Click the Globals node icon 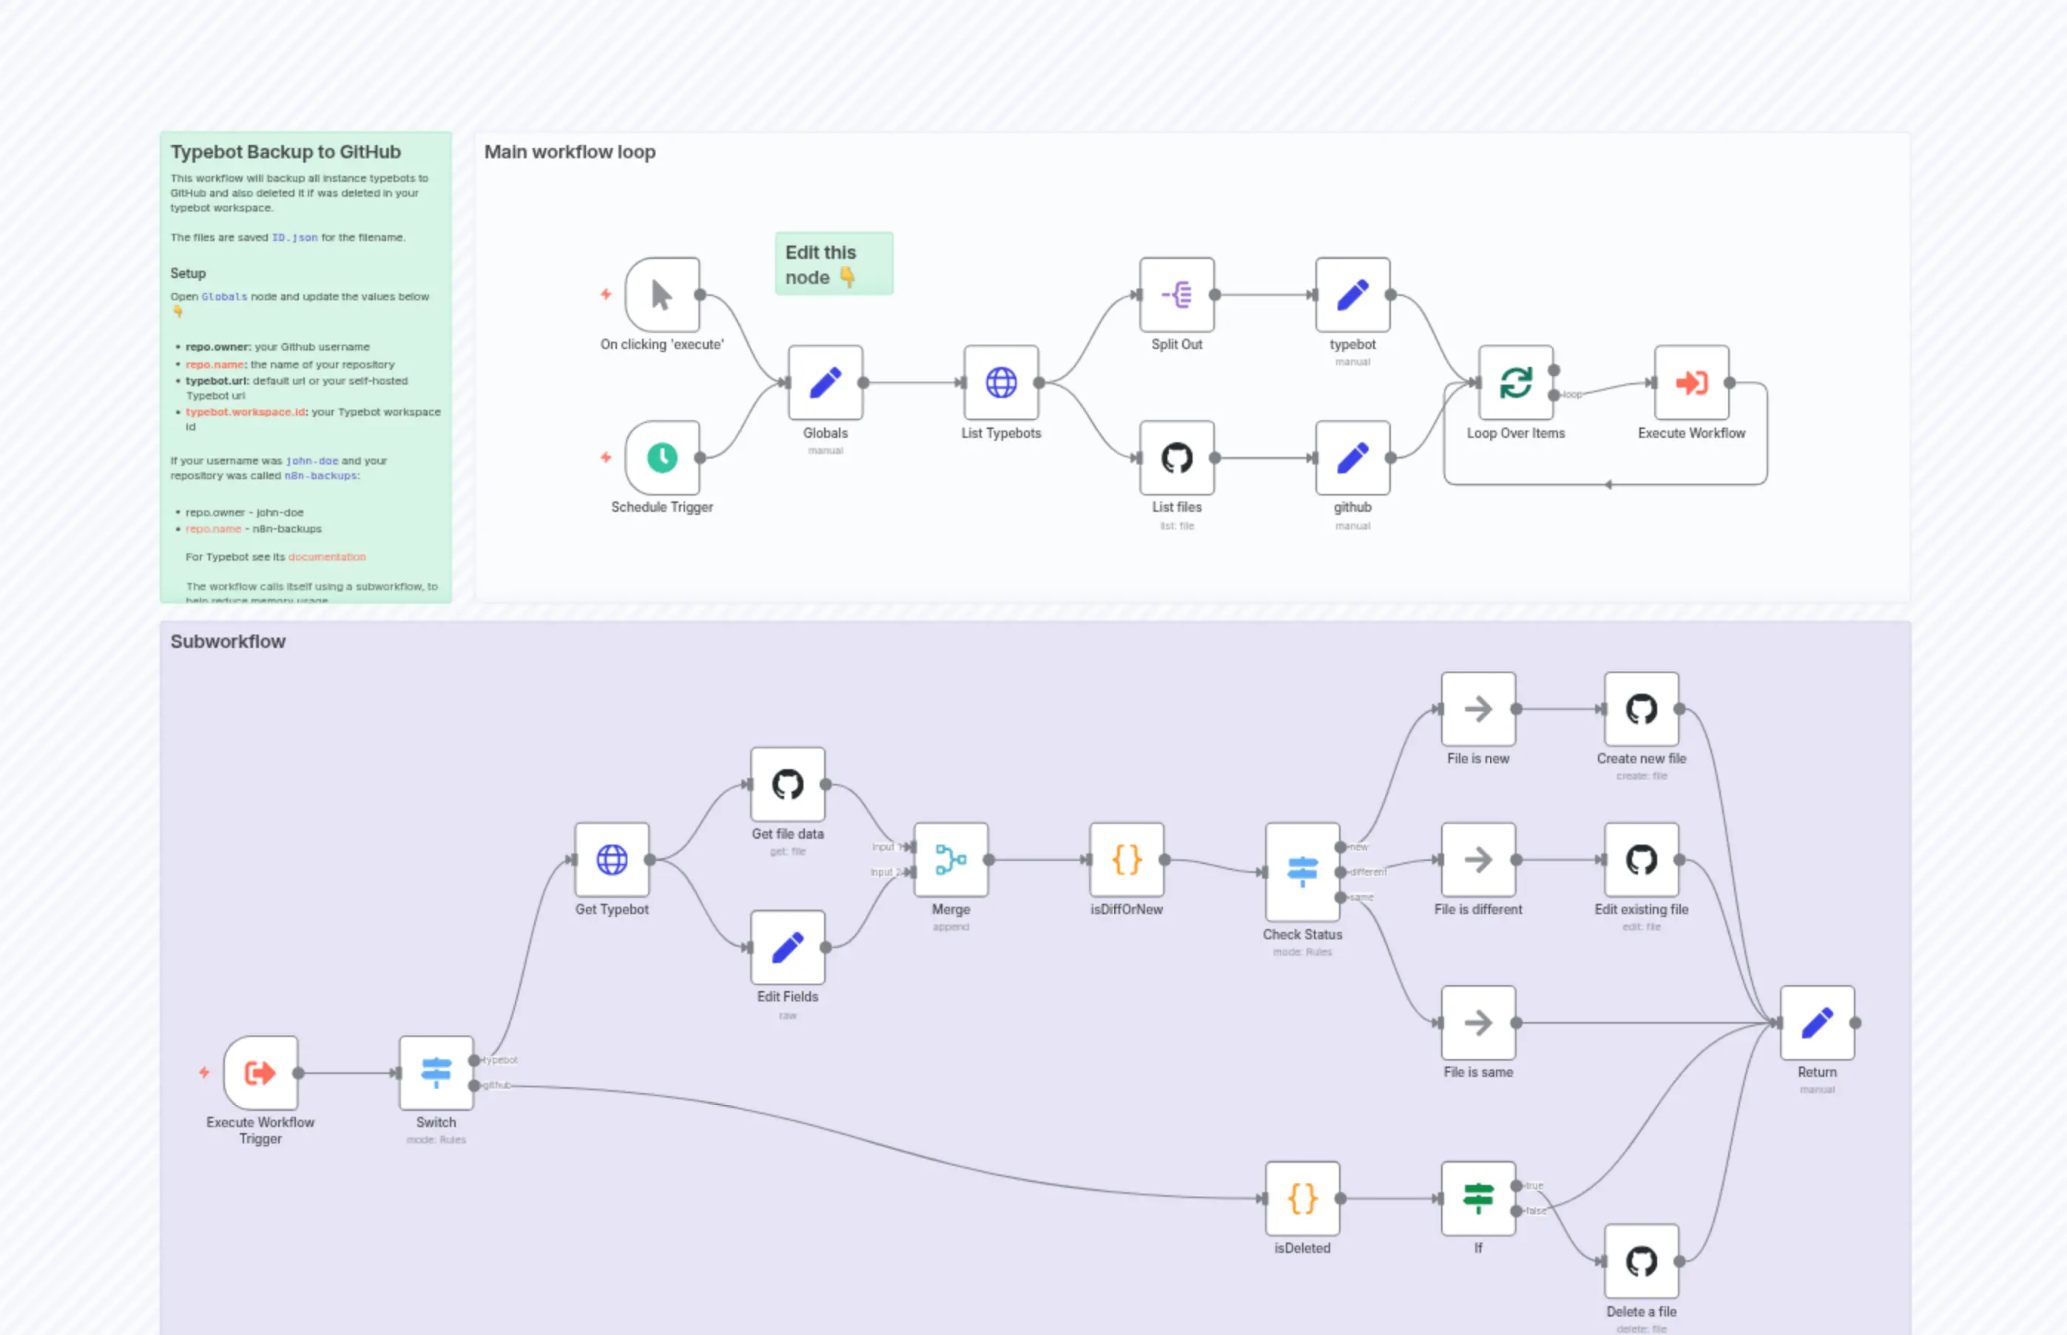(x=825, y=382)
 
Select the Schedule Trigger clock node (x=661, y=458)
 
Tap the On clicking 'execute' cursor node (x=661, y=295)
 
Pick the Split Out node (x=1176, y=295)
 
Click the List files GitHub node (x=1176, y=458)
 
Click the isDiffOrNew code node (x=1126, y=859)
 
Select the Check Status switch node (x=1301, y=871)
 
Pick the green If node (x=1477, y=1198)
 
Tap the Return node (x=1816, y=1022)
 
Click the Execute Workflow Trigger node (x=260, y=1072)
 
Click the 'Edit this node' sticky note (x=833, y=263)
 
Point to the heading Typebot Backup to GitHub (x=286, y=152)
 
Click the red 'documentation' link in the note (x=327, y=556)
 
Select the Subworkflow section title (x=227, y=641)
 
